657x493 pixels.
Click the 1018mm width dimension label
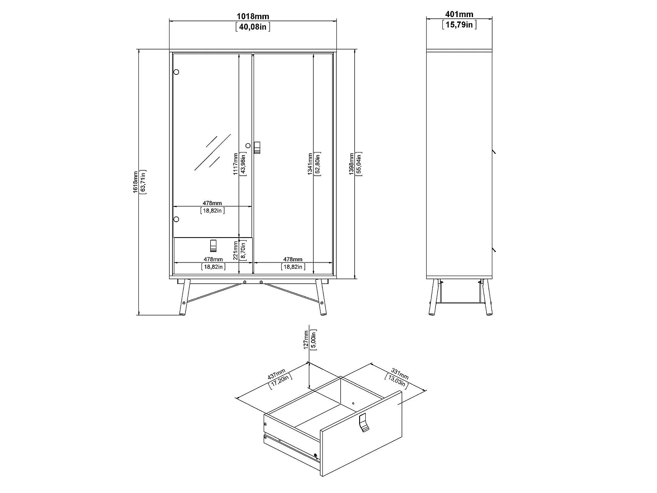click(253, 16)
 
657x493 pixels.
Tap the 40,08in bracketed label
click(253, 27)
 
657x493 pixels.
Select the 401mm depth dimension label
click(459, 14)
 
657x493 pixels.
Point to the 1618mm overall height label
click(136, 182)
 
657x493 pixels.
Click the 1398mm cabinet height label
click(351, 164)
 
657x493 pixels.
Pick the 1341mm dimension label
click(310, 164)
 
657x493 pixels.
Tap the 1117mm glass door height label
click(236, 164)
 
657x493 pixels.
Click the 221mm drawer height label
click(236, 250)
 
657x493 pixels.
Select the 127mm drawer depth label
click(306, 340)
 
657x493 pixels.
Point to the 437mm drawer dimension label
click(276, 375)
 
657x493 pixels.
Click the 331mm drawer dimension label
click(399, 374)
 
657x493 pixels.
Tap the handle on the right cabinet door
click(257, 148)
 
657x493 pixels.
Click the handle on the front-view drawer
click(213, 246)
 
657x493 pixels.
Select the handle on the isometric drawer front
click(364, 422)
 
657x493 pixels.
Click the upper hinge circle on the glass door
click(177, 72)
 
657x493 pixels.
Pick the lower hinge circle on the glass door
click(177, 219)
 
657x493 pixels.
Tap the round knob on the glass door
click(248, 146)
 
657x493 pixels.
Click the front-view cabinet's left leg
click(184, 297)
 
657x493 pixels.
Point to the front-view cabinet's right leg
click(321, 297)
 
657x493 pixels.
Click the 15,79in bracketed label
click(459, 25)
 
